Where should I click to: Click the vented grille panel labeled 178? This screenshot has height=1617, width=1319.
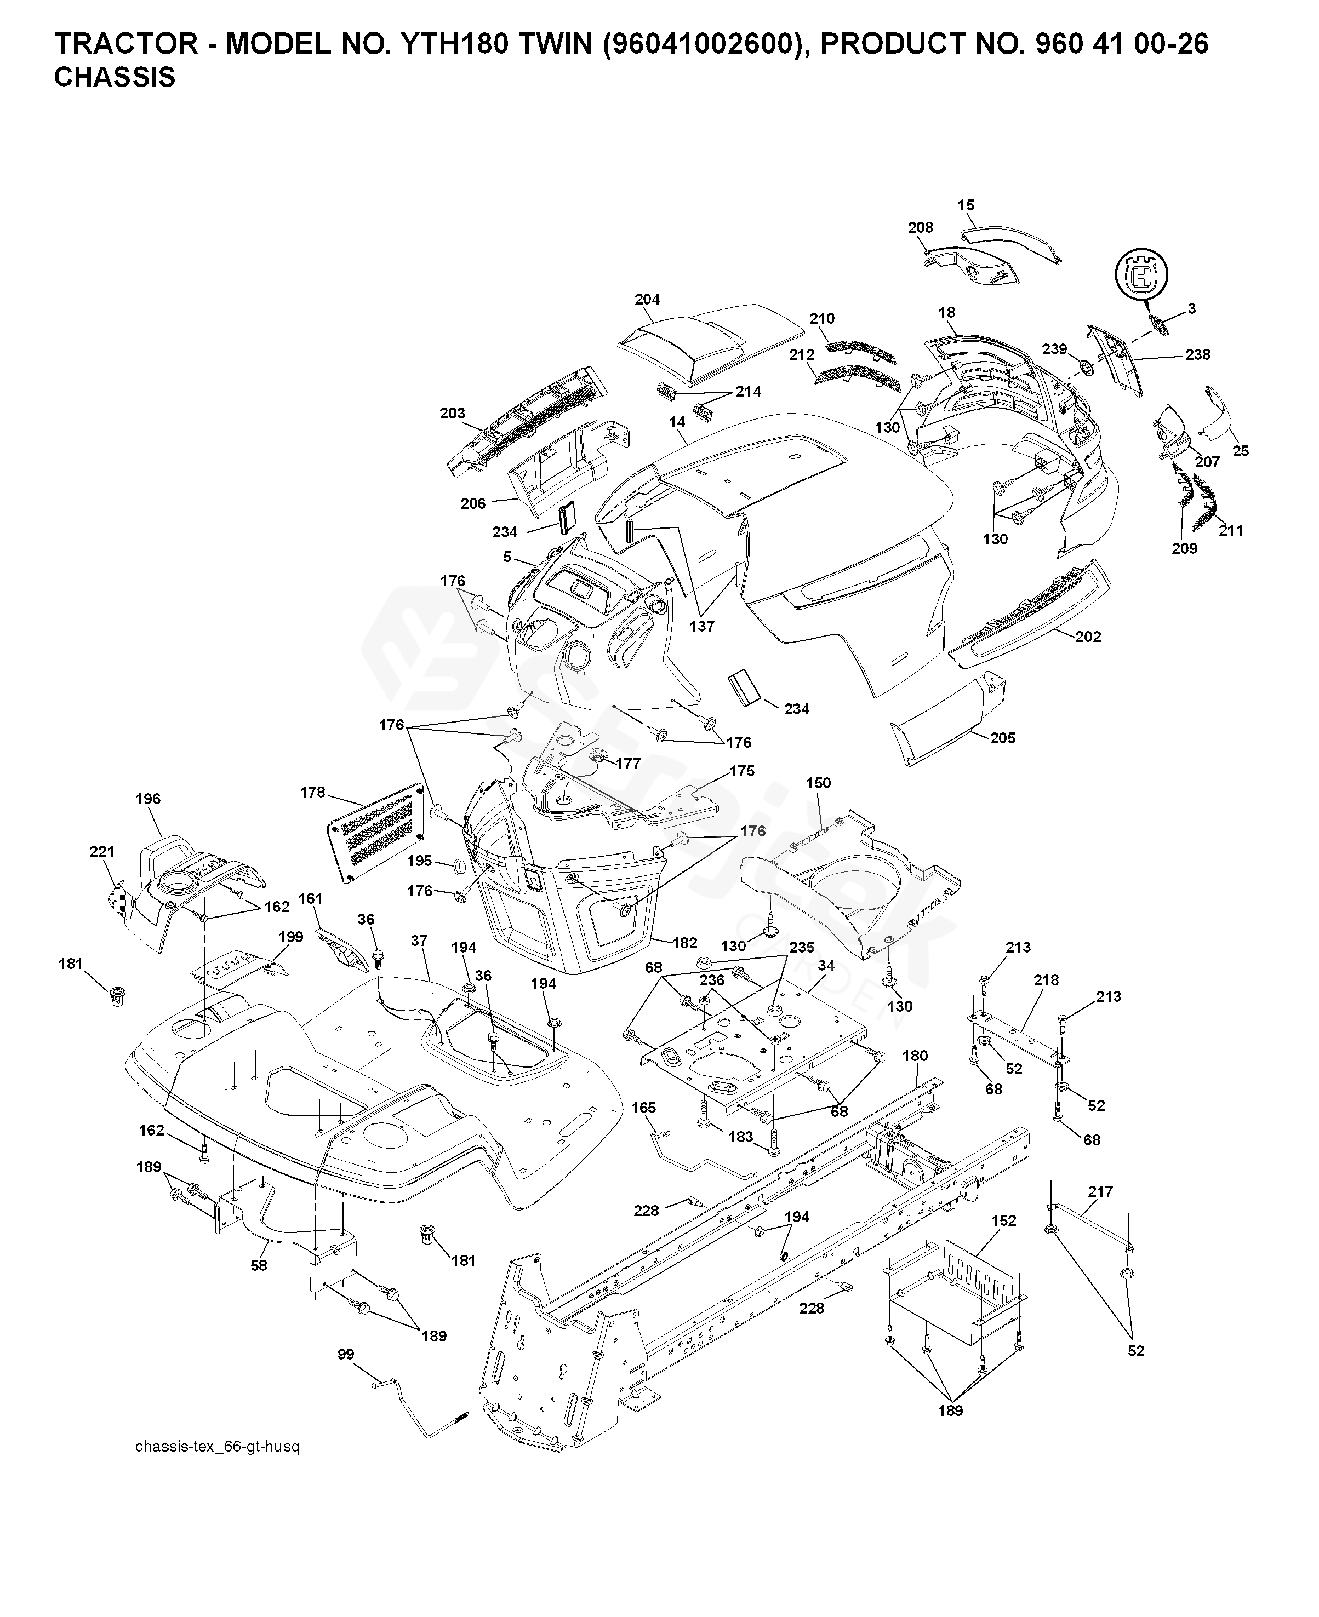(375, 833)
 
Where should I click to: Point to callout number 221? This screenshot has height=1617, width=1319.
(102, 852)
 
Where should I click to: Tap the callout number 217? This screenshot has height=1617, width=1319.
(1100, 1192)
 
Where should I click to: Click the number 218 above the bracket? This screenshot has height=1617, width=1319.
(1046, 980)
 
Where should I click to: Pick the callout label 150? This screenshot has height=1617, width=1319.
(818, 783)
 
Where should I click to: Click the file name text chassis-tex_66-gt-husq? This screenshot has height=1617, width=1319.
(218, 1447)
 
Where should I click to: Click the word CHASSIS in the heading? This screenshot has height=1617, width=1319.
(115, 77)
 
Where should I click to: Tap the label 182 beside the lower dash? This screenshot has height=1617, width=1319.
(684, 943)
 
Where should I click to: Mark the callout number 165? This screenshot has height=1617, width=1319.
(643, 1108)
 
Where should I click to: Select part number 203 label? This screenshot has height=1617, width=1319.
(453, 413)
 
